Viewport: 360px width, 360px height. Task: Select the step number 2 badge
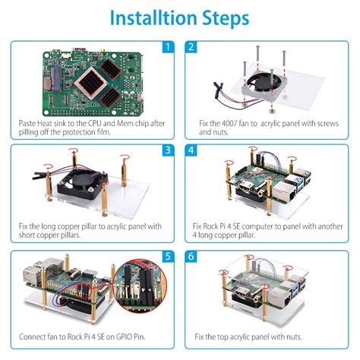(191, 48)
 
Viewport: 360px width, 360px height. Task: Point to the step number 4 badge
(191, 151)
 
